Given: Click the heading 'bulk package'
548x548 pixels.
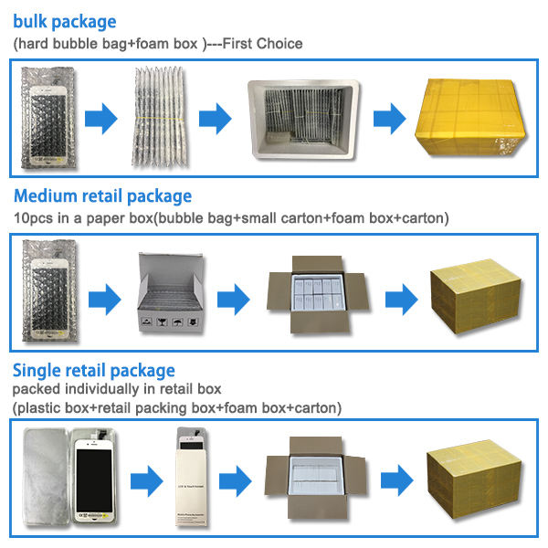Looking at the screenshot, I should click(x=64, y=21).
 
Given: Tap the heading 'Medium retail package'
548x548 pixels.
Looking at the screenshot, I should click(x=102, y=195).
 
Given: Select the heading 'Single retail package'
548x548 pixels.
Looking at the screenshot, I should click(x=93, y=370).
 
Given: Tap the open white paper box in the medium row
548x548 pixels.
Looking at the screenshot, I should click(x=168, y=295).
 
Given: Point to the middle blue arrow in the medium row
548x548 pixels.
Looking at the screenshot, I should click(x=234, y=297).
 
